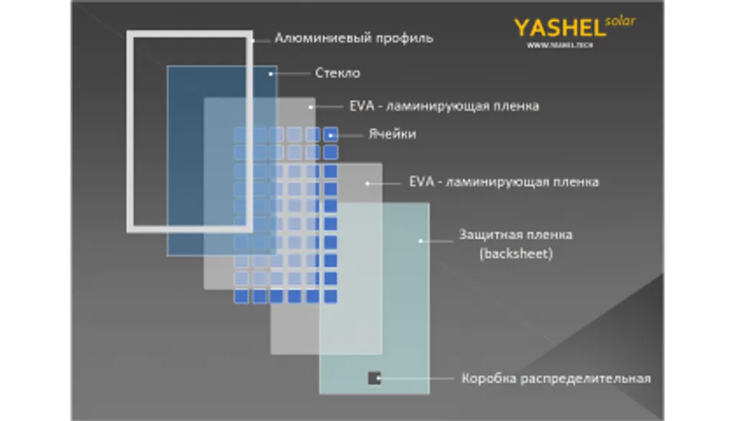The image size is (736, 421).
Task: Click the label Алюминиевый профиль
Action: click(x=354, y=38)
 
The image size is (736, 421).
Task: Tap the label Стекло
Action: click(x=337, y=73)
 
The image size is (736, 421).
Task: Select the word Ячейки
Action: click(x=392, y=135)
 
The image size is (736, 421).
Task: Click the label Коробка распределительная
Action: click(x=556, y=379)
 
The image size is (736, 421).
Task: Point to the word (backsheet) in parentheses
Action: click(x=515, y=254)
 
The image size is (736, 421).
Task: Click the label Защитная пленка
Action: click(x=515, y=235)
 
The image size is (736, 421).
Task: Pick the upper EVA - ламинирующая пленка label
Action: click(x=444, y=106)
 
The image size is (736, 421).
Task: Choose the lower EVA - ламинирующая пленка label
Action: click(x=503, y=182)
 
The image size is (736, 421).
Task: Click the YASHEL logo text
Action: click(x=558, y=28)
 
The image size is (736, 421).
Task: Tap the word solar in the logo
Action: click(x=620, y=20)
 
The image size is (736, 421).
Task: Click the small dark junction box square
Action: click(x=374, y=378)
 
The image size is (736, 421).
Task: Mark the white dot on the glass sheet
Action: click(x=272, y=73)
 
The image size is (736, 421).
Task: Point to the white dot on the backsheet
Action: click(x=421, y=240)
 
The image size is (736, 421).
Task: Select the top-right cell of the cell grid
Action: click(x=331, y=134)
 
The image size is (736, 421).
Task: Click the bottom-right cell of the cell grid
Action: click(x=331, y=296)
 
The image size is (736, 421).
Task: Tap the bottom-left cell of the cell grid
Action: click(x=241, y=296)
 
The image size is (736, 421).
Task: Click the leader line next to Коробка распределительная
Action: click(x=420, y=378)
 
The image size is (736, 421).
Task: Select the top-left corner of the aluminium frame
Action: click(x=130, y=34)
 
